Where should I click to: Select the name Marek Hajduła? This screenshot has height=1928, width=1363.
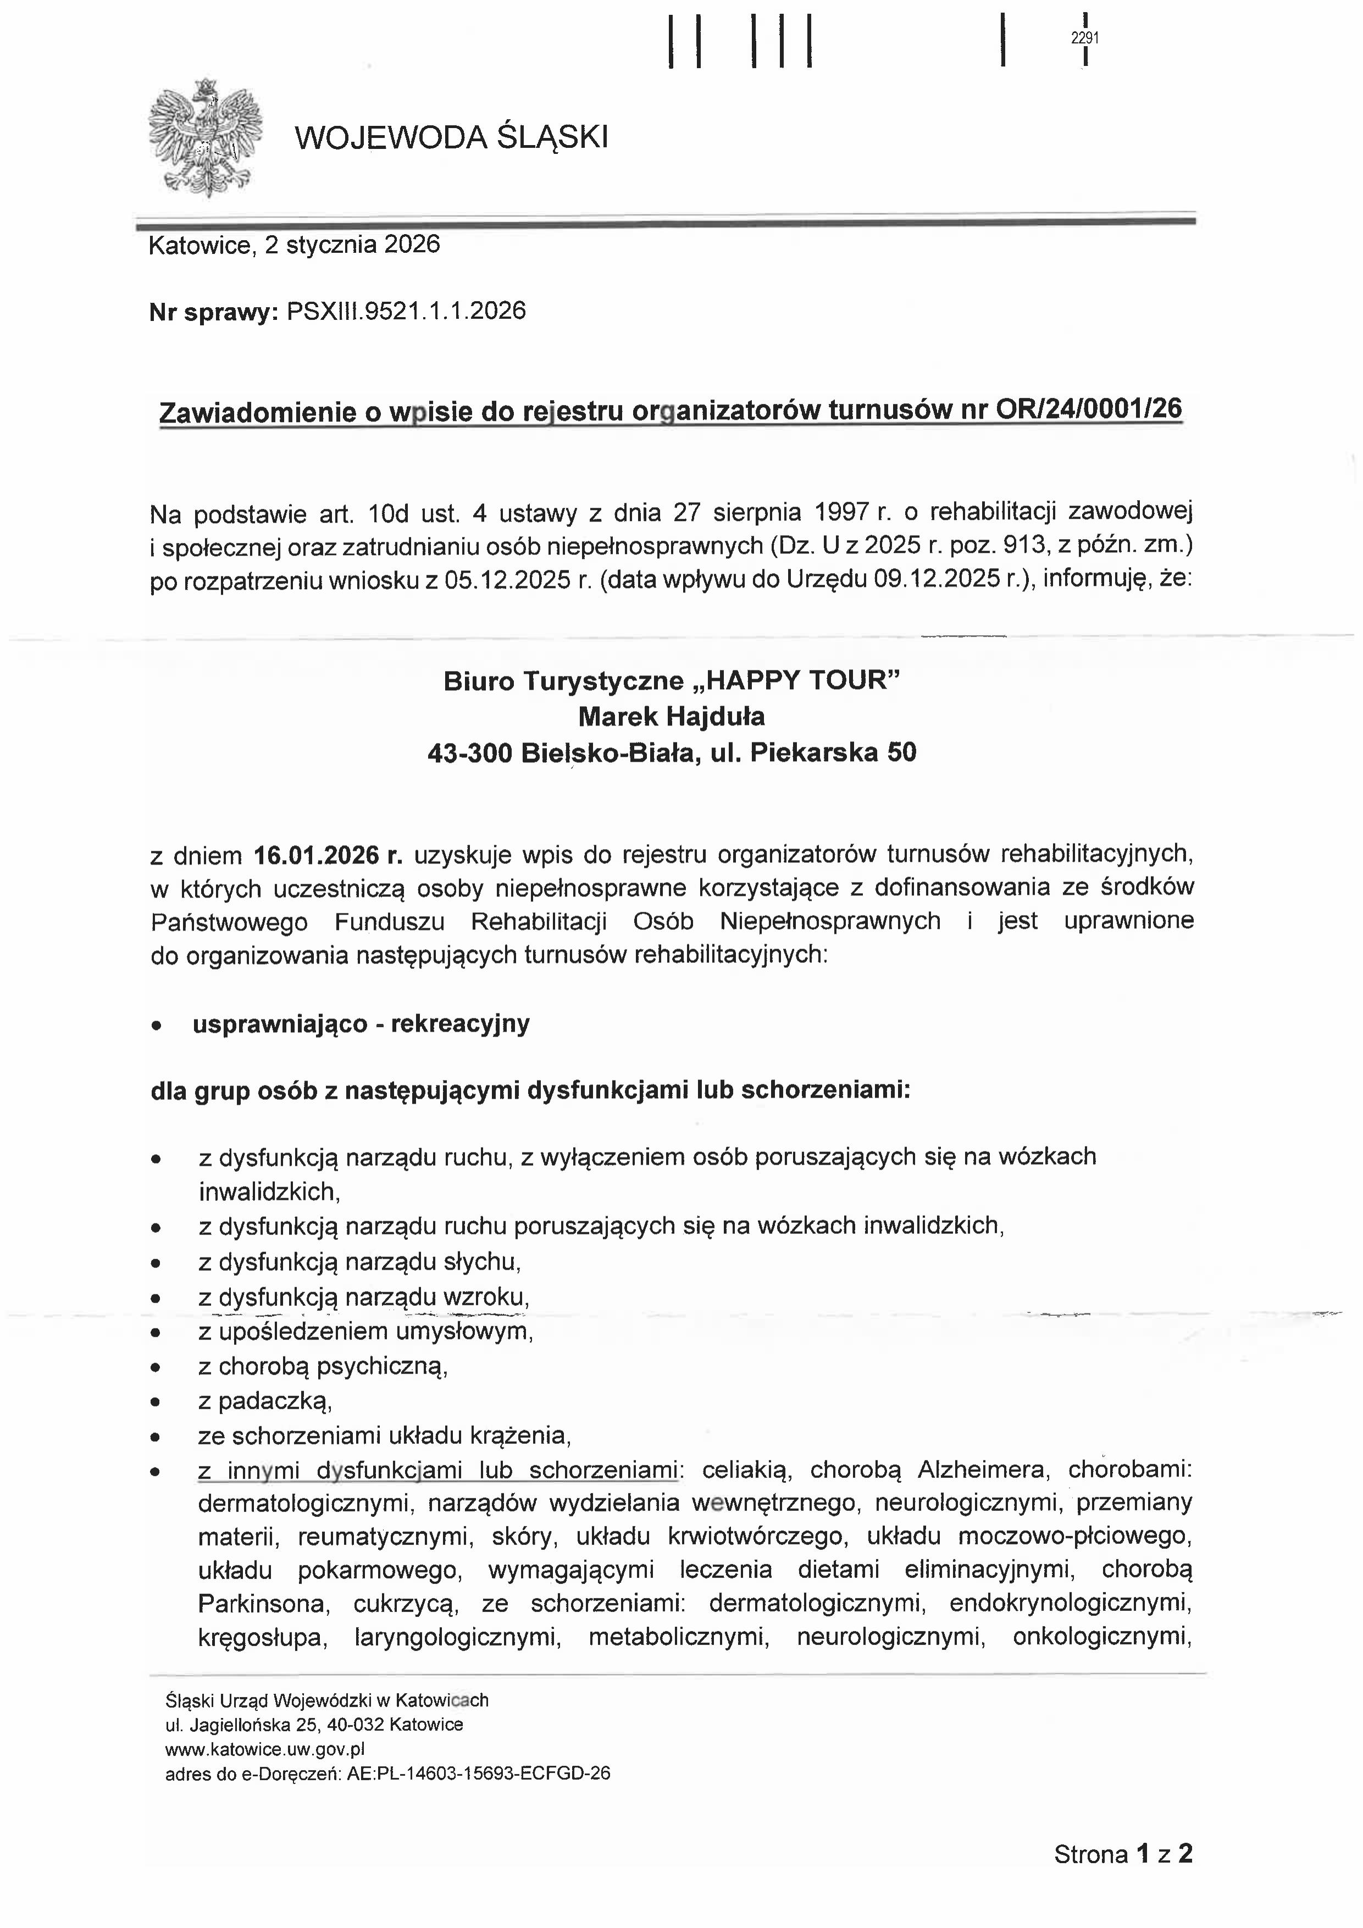[671, 716]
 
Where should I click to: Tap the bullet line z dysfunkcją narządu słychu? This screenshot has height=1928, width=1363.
[359, 1262]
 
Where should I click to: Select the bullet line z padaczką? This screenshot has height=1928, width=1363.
[265, 1400]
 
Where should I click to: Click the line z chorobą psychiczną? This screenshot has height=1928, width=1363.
[323, 1366]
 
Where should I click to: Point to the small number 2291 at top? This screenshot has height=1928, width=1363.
[1085, 38]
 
